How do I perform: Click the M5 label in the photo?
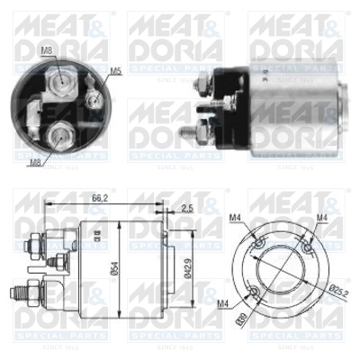(115, 70)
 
